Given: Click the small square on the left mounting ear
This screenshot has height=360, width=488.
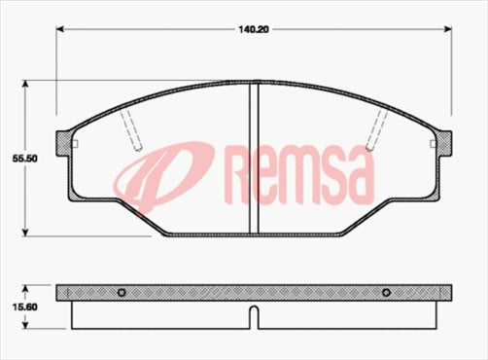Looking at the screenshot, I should point(75,146).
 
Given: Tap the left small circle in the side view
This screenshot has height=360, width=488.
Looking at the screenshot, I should point(122,292).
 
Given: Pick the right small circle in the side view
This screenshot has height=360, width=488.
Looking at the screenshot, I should point(386,292).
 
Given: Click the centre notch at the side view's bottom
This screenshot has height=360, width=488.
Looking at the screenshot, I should point(254,316).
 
